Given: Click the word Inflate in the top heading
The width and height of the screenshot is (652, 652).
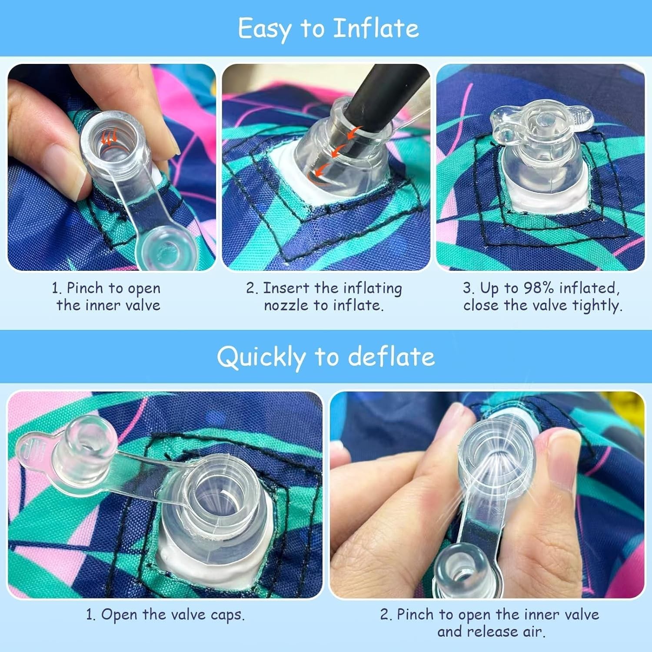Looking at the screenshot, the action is [x=376, y=28].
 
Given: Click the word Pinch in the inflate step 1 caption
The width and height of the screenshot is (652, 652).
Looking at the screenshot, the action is [x=86, y=288].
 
